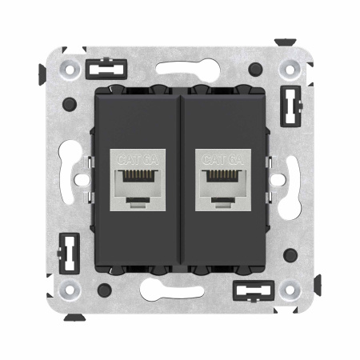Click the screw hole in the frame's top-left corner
[x=70, y=69]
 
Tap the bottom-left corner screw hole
[x=70, y=290]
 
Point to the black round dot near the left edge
[x=70, y=103]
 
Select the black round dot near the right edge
[x=290, y=255]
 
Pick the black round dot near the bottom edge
[x=104, y=290]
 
